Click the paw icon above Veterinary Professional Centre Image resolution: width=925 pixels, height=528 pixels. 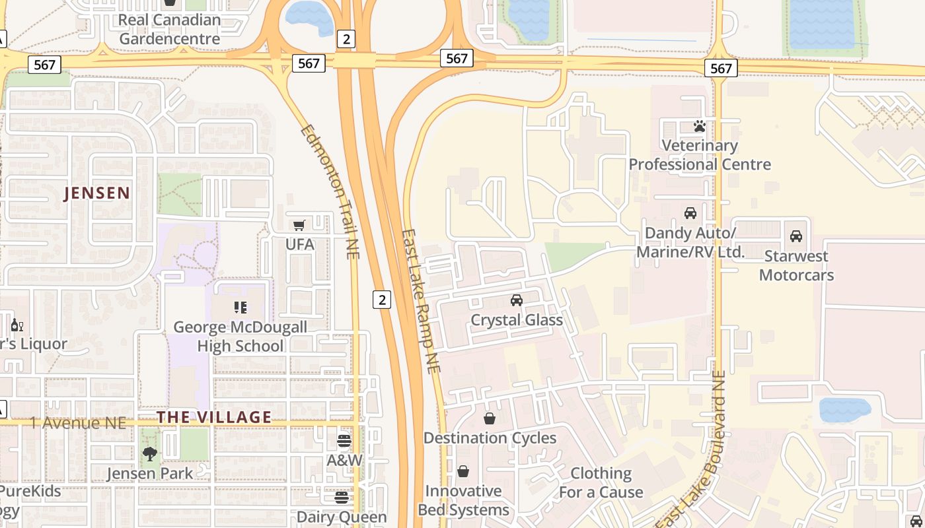coord(700,125)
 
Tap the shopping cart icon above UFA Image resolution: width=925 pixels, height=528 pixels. coord(299,225)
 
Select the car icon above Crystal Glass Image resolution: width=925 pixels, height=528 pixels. coord(517,300)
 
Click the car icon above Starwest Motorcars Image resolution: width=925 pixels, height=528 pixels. coord(796,236)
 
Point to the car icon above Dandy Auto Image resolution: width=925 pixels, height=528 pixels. coord(690,213)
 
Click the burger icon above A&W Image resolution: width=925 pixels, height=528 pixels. coord(344,440)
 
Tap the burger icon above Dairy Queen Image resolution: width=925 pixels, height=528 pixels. coord(342,497)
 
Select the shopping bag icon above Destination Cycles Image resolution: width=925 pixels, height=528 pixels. coord(490,418)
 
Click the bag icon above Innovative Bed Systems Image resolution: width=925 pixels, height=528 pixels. coord(463,471)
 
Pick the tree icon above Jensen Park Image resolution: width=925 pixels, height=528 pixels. coord(150,453)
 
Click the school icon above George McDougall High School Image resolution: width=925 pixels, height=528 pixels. coord(240,307)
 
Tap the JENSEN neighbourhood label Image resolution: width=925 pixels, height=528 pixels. coord(97,193)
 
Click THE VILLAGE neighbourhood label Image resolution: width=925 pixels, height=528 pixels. coord(214,417)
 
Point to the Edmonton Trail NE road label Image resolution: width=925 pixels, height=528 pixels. coord(330,191)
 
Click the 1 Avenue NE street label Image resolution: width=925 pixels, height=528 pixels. coord(77,423)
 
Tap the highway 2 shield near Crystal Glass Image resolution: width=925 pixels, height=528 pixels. coord(381,299)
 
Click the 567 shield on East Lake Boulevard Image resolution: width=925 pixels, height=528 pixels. coord(720,68)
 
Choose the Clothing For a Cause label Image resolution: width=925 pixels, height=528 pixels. coord(601,482)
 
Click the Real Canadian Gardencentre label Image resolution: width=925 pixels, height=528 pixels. coord(169,29)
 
